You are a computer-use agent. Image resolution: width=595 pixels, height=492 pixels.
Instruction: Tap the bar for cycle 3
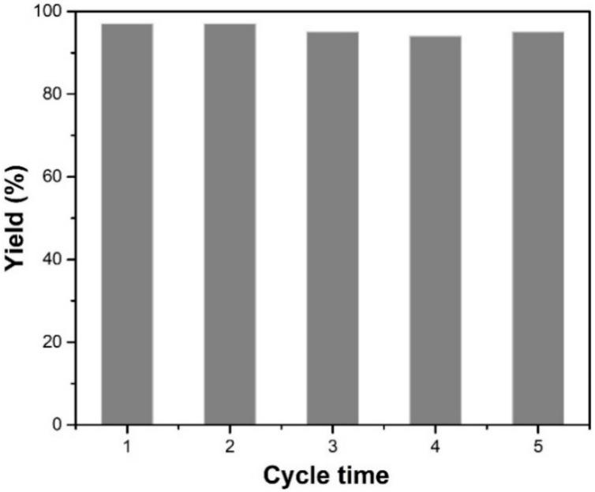point(332,228)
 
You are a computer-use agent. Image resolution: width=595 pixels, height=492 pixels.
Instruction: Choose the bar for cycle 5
point(537,228)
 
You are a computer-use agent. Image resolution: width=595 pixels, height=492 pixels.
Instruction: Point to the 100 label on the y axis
point(51,12)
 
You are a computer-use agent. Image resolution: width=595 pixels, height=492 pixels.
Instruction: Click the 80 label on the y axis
point(54,95)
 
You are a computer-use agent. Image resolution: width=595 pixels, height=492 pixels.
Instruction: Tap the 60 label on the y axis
point(54,177)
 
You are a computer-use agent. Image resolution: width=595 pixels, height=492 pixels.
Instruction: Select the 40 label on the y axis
point(54,259)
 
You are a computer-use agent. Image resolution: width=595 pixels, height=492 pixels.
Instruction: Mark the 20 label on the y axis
point(54,342)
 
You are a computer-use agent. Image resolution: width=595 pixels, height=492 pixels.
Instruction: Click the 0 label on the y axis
point(58,425)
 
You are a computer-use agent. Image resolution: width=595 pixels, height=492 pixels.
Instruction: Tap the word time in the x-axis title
point(361,475)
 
